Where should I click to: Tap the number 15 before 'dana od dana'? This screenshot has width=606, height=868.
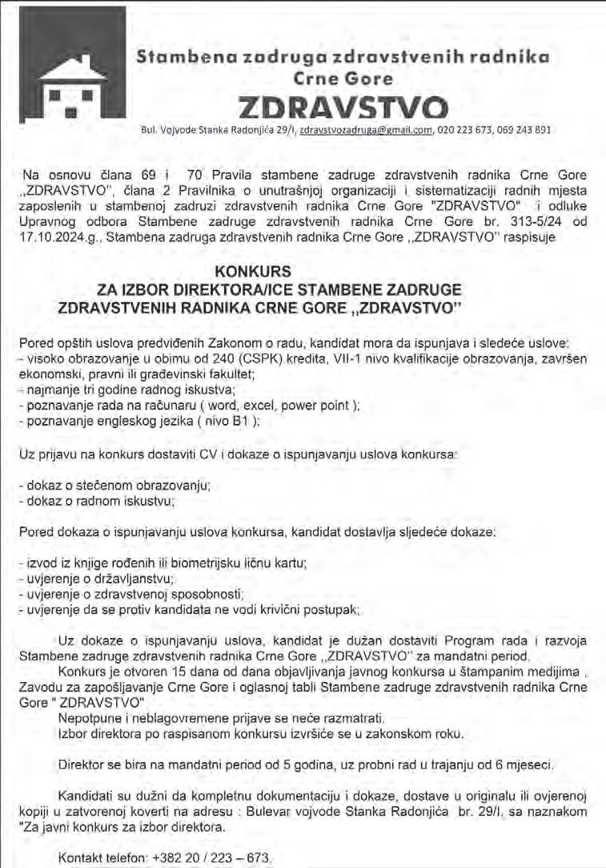181,672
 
